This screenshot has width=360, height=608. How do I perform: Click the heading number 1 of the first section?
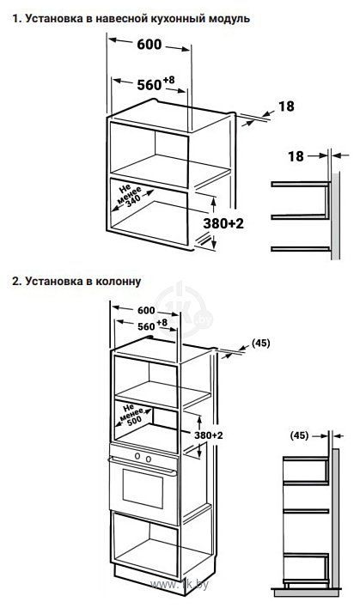(16, 19)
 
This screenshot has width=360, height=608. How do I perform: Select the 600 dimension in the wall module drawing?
(149, 44)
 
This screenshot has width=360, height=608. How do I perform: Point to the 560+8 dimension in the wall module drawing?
(156, 83)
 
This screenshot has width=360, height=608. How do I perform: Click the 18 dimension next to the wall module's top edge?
(286, 106)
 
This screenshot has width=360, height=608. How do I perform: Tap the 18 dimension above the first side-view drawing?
(296, 156)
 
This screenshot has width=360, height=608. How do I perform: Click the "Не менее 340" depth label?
(130, 196)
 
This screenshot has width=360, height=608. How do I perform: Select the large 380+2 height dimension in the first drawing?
(224, 223)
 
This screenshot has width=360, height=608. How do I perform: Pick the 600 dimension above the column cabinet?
(146, 311)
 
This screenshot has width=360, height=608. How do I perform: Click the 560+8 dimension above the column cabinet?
(152, 325)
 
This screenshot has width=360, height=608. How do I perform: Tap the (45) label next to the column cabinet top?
(260, 344)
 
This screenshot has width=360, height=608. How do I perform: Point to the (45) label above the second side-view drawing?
(299, 435)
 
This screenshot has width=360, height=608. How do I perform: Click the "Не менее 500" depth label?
(131, 415)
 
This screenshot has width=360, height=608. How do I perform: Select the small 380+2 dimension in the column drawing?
(209, 435)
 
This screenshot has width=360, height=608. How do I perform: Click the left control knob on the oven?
(137, 456)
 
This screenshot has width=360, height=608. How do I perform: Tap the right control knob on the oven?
(148, 459)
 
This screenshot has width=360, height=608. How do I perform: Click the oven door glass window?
(143, 489)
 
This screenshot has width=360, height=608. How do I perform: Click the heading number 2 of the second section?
(16, 281)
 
